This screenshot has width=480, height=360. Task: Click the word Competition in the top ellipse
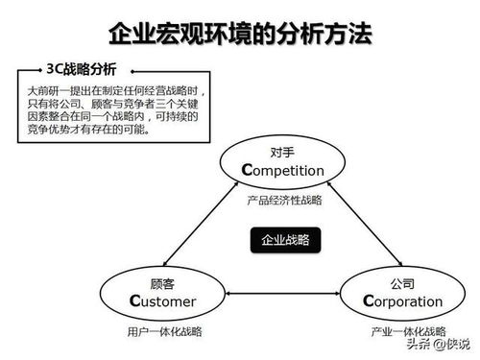pos(285,171)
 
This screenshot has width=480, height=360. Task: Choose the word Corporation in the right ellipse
pos(405,301)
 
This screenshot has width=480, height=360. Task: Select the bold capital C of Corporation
pos(370,301)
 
